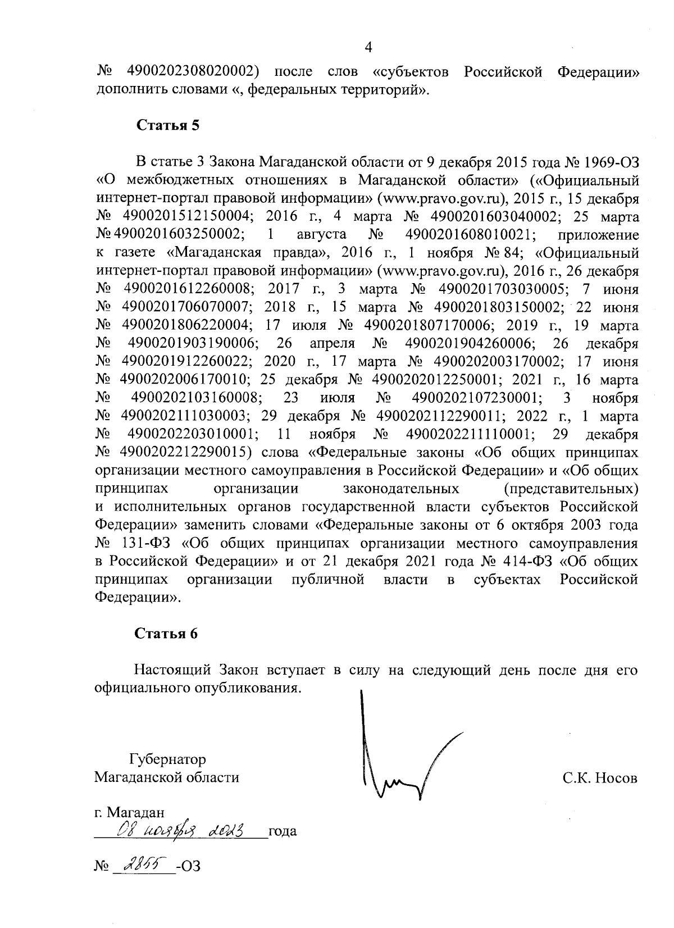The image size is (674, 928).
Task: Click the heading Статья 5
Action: pyautogui.click(x=168, y=125)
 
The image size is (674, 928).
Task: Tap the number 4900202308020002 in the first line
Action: pyautogui.click(x=193, y=72)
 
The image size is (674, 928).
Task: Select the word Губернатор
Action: pyautogui.click(x=167, y=759)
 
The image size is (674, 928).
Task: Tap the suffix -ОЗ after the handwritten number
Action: pyautogui.click(x=188, y=866)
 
